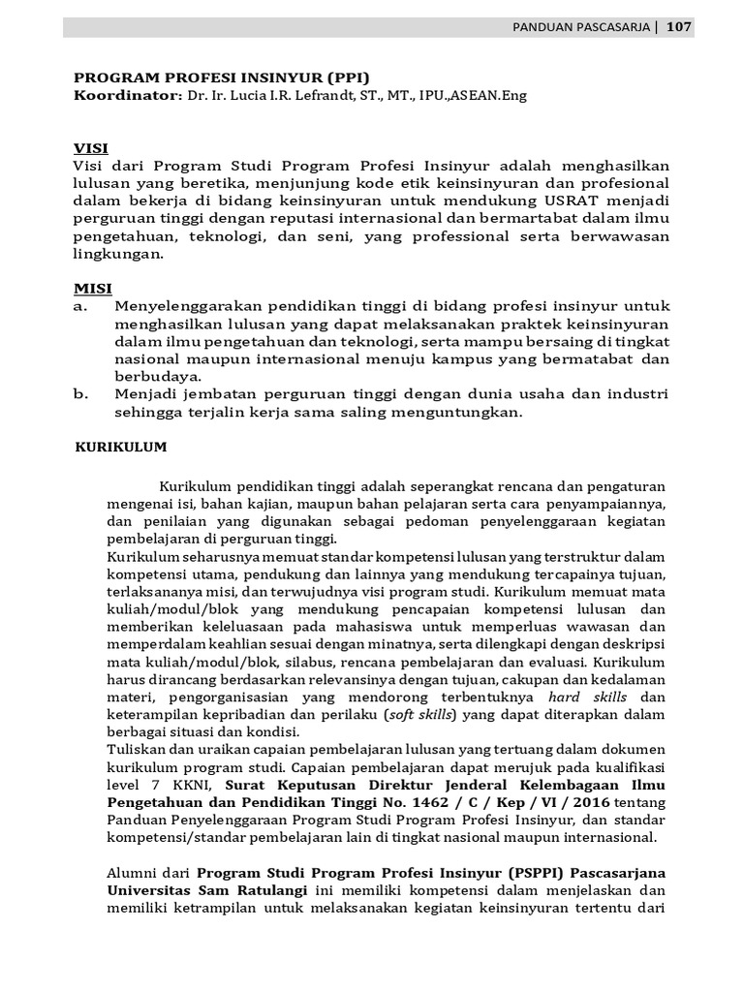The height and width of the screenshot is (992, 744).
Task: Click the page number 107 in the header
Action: coord(678,27)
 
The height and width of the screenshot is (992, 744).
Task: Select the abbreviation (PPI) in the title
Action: coord(347,78)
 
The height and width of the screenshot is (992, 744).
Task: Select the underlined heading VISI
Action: coord(91,148)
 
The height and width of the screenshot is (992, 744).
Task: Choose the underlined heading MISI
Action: coord(93,289)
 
